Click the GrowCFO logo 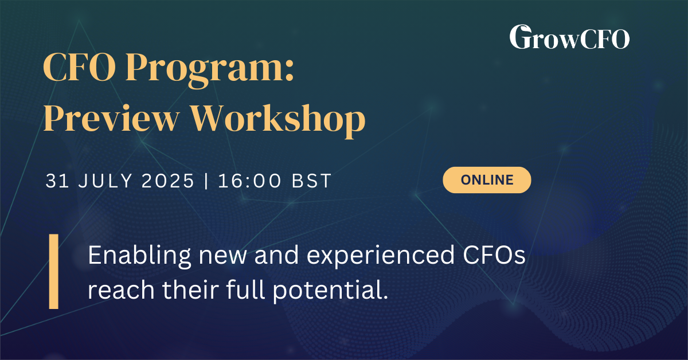click(x=569, y=37)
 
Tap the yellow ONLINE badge click(x=487, y=179)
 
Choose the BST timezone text click(x=311, y=181)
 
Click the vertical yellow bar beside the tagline click(x=53, y=271)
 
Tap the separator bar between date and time click(x=206, y=181)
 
